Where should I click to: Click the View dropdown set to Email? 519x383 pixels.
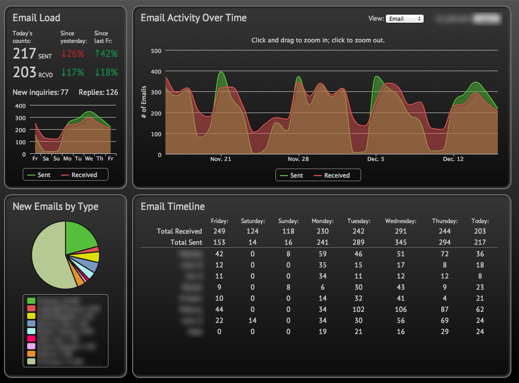click(404, 19)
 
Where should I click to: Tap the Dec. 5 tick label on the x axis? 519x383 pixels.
click(375, 159)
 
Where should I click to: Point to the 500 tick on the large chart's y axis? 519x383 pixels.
click(156, 50)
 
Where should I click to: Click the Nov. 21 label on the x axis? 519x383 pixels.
click(220, 159)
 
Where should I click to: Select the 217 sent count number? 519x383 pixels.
click(24, 53)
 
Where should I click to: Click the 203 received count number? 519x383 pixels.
click(24, 72)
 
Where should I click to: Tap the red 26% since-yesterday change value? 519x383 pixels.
click(72, 53)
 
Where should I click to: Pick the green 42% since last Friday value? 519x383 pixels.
click(106, 53)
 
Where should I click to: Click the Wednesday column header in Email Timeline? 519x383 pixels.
click(400, 221)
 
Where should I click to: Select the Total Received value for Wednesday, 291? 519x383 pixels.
click(400, 231)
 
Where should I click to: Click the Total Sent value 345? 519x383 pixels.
click(400, 243)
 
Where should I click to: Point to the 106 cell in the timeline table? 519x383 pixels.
click(400, 309)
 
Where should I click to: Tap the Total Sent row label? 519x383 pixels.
click(186, 243)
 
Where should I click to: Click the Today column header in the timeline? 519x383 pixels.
click(480, 221)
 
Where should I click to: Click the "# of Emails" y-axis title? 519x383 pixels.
click(144, 102)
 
